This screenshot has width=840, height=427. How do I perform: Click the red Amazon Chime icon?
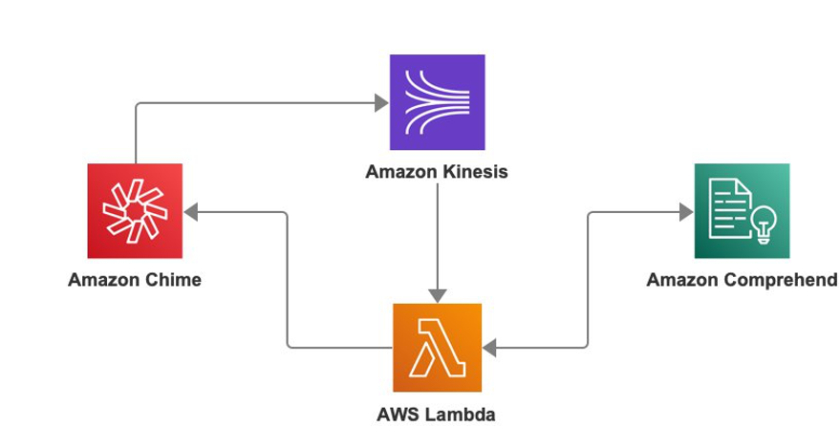(x=135, y=210)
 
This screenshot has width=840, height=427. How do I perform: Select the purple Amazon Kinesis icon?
(x=437, y=102)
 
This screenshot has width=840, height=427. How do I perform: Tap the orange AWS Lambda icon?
(x=437, y=348)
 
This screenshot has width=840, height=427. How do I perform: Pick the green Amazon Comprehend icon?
(x=742, y=210)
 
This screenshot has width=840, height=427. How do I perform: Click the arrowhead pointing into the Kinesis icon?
(x=381, y=103)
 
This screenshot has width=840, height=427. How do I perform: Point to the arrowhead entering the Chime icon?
(x=191, y=212)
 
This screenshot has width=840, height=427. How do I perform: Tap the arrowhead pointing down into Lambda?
(x=437, y=296)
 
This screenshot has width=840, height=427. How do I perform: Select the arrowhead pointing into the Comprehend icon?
(x=686, y=212)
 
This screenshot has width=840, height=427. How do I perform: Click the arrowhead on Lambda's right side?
(x=489, y=348)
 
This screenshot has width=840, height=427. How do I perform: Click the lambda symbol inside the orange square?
(x=437, y=348)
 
